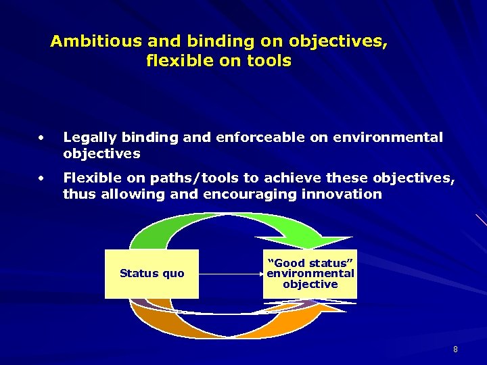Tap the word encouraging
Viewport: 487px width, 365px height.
coord(248,195)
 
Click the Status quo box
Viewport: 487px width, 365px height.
coord(152,274)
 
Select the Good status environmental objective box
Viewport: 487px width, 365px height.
coord(310,274)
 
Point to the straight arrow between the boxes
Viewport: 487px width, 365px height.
coord(230,274)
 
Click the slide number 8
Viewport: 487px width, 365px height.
coord(455,349)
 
